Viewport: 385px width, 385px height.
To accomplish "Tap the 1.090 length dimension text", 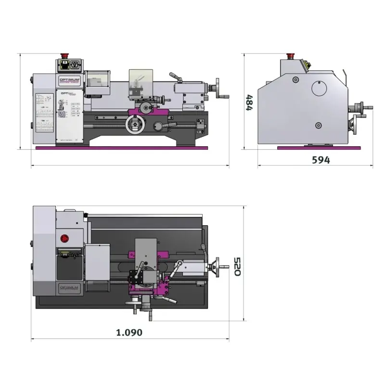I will pyautogui.click(x=129, y=332).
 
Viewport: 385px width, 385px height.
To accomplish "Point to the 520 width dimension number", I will pyautogui.click(x=237, y=266).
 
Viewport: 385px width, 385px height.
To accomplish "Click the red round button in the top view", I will pyautogui.click(x=64, y=238).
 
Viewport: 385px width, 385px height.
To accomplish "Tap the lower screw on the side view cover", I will pyautogui.click(x=318, y=126).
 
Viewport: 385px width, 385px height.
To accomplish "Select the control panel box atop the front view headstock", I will pyautogui.click(x=69, y=65).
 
